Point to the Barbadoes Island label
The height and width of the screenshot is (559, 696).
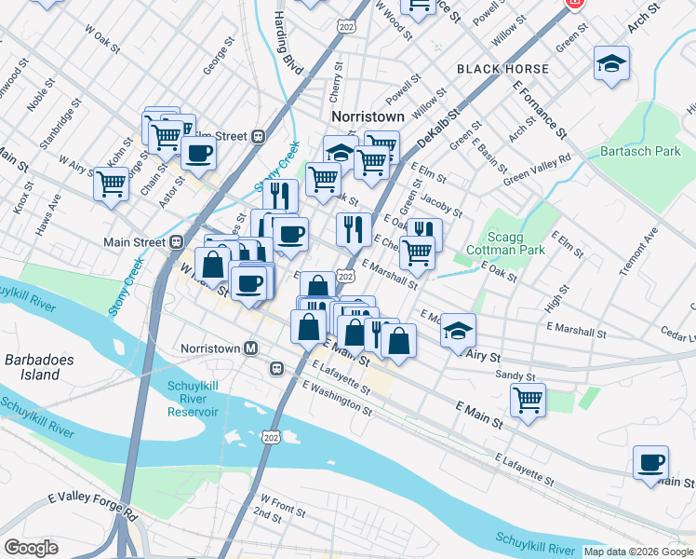pyautogui.click(x=33, y=367)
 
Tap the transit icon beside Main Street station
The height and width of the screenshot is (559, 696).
pyautogui.click(x=175, y=242)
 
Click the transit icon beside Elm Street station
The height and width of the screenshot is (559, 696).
pyautogui.click(x=258, y=136)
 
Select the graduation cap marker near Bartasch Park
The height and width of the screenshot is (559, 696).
pyautogui.click(x=610, y=64)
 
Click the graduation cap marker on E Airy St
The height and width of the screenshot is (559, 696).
pyautogui.click(x=458, y=331)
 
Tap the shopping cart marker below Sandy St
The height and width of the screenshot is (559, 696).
pyautogui.click(x=529, y=401)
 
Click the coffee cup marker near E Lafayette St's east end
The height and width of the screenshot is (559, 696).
pyautogui.click(x=650, y=462)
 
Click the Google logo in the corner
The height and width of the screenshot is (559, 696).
pyautogui.click(x=32, y=548)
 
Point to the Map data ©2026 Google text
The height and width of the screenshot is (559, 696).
pyautogui.click(x=636, y=552)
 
